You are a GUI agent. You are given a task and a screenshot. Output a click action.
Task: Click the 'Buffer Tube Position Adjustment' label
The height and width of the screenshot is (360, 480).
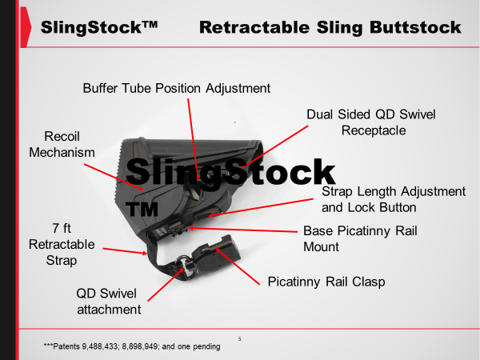point(177,89)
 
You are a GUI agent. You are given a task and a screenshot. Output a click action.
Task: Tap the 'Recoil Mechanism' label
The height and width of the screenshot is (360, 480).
point(62,145)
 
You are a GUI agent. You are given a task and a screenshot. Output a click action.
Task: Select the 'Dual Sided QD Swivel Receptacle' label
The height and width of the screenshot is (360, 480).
point(371,122)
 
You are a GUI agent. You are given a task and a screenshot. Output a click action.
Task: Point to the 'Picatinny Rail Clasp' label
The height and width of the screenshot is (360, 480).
point(326,282)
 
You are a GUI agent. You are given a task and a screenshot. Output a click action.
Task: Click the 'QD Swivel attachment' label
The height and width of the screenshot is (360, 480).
point(109,302)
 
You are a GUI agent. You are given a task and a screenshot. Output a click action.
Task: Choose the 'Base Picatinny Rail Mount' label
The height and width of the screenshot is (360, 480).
point(360,238)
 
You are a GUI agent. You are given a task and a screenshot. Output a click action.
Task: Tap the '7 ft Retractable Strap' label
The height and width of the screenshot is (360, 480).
point(62,244)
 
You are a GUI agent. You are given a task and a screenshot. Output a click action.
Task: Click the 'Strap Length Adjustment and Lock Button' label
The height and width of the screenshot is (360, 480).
point(394,199)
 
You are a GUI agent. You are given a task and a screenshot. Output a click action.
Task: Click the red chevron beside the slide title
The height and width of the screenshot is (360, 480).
point(26,27)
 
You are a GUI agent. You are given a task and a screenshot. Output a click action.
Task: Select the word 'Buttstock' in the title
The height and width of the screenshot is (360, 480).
point(415,27)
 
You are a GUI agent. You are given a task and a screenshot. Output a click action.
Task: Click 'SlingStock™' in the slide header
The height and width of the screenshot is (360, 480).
point(99,27)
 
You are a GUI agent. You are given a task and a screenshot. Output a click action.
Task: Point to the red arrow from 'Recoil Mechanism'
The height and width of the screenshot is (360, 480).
point(114,177)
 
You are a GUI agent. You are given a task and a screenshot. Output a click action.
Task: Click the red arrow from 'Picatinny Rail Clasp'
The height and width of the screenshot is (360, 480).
point(238,266)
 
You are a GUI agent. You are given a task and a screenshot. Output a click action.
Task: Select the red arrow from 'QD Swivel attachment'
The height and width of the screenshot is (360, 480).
point(166,285)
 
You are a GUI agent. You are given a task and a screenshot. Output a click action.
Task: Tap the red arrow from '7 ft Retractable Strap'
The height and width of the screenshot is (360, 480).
point(125,251)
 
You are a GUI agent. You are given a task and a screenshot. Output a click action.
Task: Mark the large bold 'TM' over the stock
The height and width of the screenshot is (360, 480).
point(142,209)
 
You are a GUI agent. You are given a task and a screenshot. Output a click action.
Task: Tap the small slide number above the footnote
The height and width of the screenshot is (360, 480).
point(240,339)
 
